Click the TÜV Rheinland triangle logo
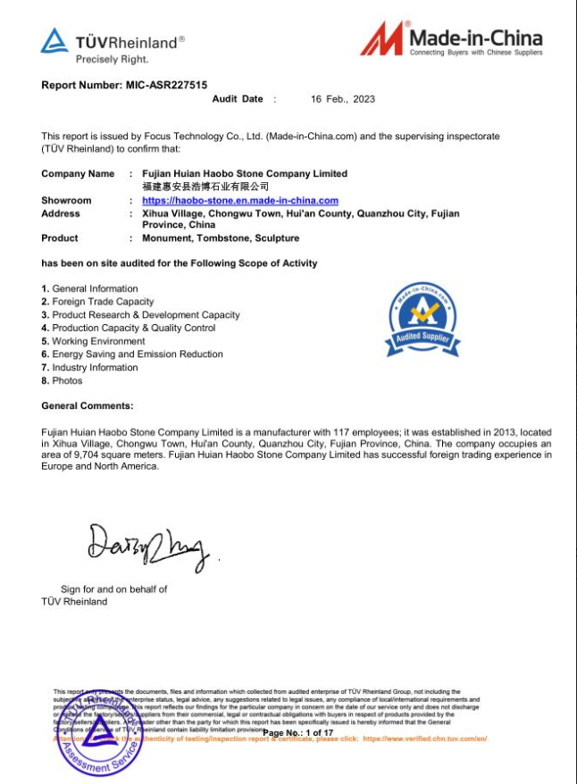(x=54, y=41)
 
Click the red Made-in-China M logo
(x=381, y=39)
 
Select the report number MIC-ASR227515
(x=164, y=85)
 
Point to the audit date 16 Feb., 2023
(x=343, y=99)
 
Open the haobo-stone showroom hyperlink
(x=240, y=201)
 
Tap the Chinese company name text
(x=205, y=187)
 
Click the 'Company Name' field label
(x=78, y=173)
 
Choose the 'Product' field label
(x=60, y=238)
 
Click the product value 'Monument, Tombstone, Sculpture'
(x=221, y=238)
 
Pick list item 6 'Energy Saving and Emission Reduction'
(x=137, y=354)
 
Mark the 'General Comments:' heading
(x=88, y=406)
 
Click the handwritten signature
(x=147, y=544)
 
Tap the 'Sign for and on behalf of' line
(x=113, y=589)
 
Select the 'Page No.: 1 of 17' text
(x=297, y=732)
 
